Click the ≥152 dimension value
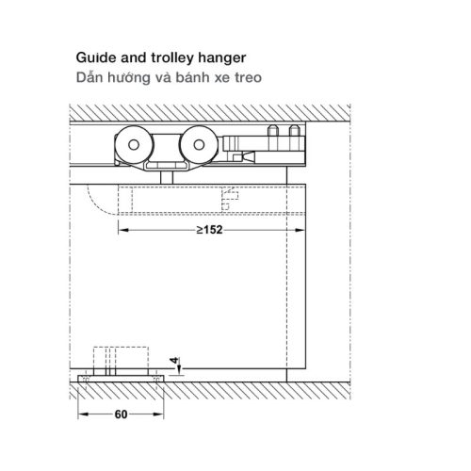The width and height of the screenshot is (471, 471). [209, 230]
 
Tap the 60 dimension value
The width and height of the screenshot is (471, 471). [121, 414]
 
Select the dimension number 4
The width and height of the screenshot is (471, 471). [174, 360]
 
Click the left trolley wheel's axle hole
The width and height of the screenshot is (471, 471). [134, 145]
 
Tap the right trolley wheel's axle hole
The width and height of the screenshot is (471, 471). [199, 145]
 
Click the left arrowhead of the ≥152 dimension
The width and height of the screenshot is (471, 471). [123, 230]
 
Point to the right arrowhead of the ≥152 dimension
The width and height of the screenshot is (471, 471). [300, 230]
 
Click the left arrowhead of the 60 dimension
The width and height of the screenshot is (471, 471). [83, 414]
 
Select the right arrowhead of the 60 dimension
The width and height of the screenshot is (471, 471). [158, 414]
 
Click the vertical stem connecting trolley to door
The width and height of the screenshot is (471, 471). [167, 177]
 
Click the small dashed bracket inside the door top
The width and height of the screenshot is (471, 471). [230, 199]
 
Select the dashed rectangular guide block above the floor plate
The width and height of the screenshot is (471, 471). [121, 358]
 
